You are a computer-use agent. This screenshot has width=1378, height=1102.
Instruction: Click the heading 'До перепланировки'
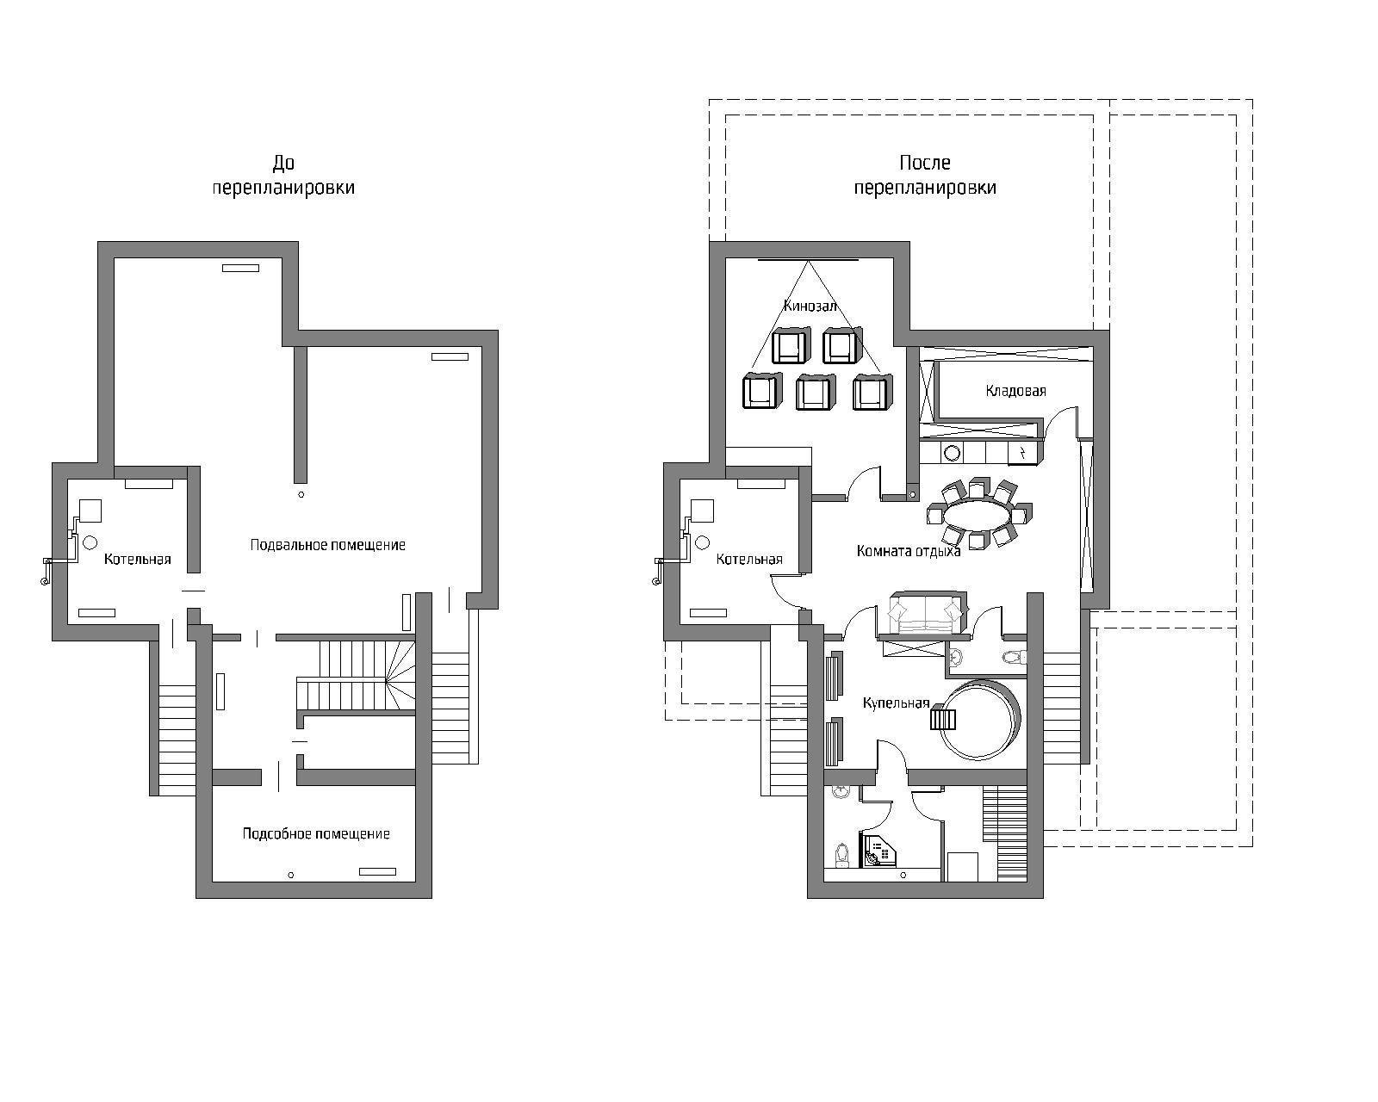283,175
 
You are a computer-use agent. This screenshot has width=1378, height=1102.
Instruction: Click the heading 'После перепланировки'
925,175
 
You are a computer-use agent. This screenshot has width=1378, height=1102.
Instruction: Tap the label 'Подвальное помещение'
328,545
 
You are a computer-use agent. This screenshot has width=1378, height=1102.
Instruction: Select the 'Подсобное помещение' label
316,833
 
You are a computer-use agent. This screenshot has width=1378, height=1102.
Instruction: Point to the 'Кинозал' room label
810,306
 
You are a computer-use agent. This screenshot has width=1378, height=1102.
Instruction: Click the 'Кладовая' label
1015,391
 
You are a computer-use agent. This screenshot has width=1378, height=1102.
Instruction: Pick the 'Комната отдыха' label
909,551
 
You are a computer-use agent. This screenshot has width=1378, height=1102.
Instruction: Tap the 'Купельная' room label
896,703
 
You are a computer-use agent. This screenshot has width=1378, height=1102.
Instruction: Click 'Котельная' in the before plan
138,559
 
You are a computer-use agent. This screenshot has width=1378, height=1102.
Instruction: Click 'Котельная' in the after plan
749,559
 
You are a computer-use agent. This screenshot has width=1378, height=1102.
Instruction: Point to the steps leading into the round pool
943,716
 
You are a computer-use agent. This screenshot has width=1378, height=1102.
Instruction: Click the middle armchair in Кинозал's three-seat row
815,392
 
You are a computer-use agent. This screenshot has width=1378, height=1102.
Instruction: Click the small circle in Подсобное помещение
291,875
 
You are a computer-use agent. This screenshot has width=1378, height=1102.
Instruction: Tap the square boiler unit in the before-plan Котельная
90,511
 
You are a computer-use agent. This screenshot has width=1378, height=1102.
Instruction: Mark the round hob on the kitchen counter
953,453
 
